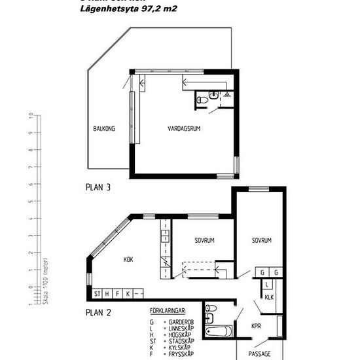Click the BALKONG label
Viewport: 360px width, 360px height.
point(104,129)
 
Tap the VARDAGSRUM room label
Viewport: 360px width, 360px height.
point(184,129)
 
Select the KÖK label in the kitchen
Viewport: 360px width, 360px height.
point(128,259)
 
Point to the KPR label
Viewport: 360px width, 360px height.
point(256,325)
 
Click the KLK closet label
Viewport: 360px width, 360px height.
point(268,297)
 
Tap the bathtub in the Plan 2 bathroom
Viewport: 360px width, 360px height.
point(217,331)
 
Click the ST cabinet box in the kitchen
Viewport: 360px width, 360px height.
point(98,293)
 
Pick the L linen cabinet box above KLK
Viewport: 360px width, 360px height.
point(268,284)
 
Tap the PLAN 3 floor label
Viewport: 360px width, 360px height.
point(98,187)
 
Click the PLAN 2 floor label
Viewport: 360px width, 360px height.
point(98,312)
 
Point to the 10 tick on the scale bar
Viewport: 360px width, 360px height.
point(31,115)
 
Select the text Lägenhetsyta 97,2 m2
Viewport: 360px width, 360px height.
point(128,9)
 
